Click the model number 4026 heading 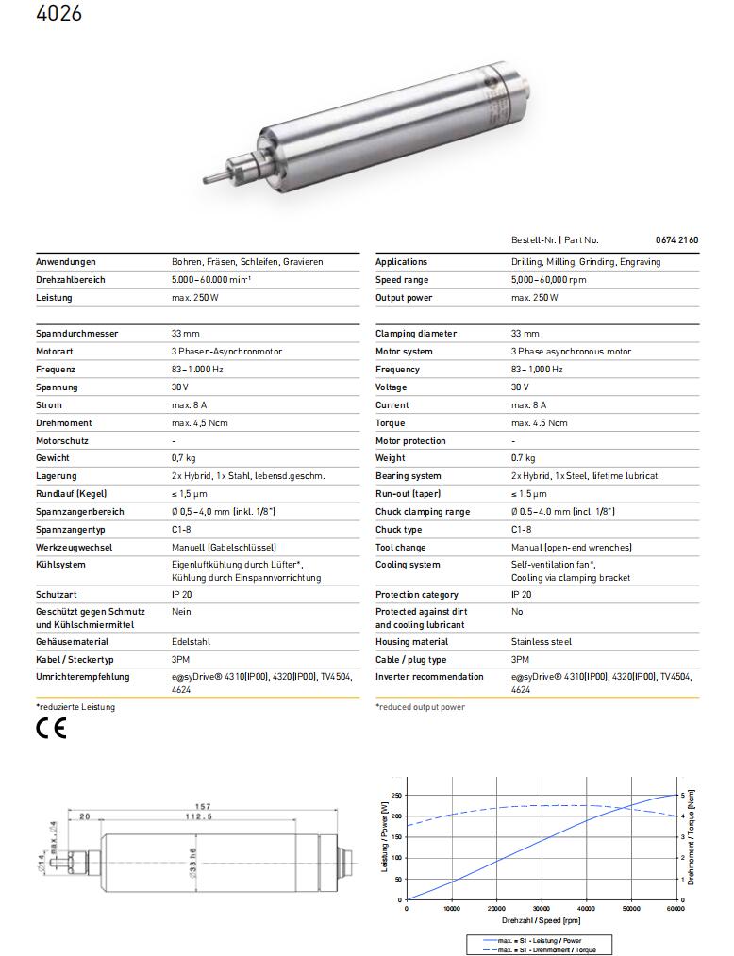pyautogui.click(x=58, y=14)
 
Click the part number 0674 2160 pyautogui.click(x=676, y=240)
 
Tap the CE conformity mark pyautogui.click(x=51, y=729)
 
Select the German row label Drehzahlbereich pyautogui.click(x=71, y=280)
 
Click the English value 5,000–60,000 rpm pyautogui.click(x=548, y=280)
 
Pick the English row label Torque pyautogui.click(x=392, y=423)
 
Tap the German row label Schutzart pyautogui.click(x=58, y=595)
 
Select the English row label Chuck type pyautogui.click(x=400, y=530)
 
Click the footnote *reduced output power pyautogui.click(x=420, y=707)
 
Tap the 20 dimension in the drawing pyautogui.click(x=85, y=816)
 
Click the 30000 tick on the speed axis pyautogui.click(x=542, y=909)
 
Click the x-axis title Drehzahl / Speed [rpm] pyautogui.click(x=541, y=920)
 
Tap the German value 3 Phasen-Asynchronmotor pyautogui.click(x=226, y=352)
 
